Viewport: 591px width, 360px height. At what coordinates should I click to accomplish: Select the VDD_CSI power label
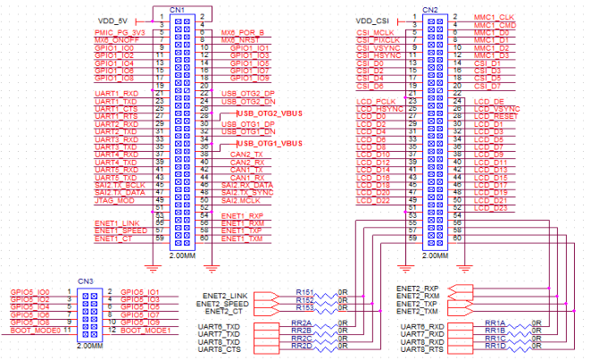point(374,20)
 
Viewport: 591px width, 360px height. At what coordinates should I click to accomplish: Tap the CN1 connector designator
point(177,8)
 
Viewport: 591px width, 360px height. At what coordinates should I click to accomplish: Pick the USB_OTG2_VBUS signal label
point(269,114)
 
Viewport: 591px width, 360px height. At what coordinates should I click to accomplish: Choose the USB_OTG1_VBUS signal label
point(269,144)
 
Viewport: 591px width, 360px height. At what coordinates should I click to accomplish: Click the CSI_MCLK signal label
point(377,32)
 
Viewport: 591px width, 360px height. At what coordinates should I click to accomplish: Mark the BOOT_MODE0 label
point(33,331)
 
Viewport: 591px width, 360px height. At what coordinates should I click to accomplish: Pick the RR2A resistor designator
point(301,322)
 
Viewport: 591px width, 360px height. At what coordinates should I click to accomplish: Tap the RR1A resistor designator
point(494,322)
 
